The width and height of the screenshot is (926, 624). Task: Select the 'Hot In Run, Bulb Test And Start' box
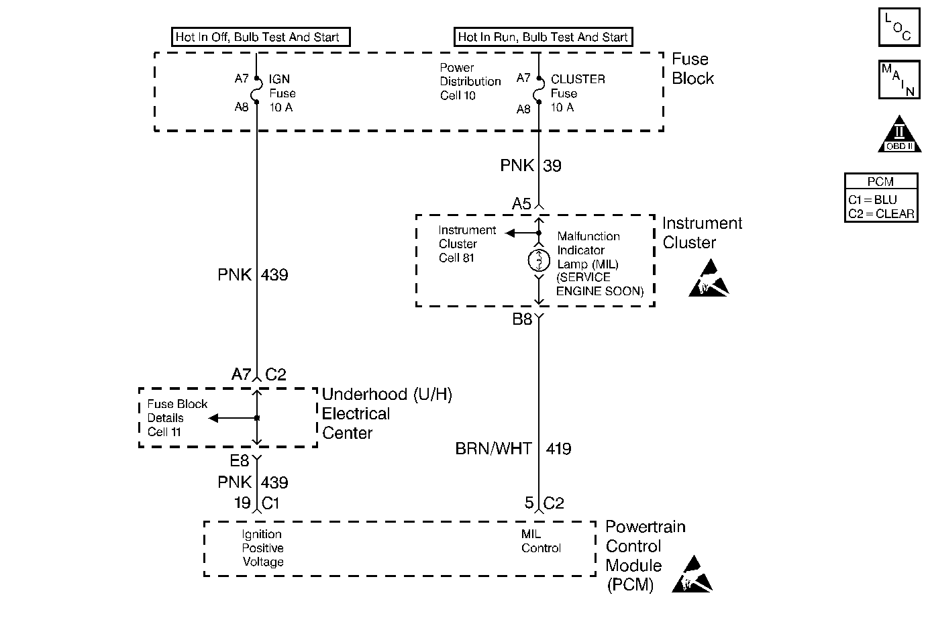click(542, 37)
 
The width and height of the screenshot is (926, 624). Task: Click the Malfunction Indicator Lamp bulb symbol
click(539, 260)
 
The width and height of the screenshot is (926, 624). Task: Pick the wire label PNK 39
click(530, 166)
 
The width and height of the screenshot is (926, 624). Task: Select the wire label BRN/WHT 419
click(513, 449)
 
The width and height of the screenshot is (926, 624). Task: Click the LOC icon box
click(898, 28)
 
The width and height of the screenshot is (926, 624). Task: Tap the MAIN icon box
click(898, 79)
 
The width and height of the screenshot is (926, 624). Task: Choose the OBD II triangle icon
click(899, 136)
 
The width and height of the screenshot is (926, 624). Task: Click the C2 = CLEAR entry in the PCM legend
click(881, 214)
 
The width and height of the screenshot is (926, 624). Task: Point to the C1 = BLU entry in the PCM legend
click(872, 200)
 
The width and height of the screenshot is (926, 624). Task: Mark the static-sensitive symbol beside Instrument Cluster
click(708, 278)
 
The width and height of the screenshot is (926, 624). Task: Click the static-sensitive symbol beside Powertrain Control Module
click(692, 574)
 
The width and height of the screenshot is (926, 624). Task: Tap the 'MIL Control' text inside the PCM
click(541, 541)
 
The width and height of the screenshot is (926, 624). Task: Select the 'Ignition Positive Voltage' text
click(262, 548)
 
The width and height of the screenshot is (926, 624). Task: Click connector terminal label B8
click(522, 319)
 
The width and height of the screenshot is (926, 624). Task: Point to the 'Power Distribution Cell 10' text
click(470, 81)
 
